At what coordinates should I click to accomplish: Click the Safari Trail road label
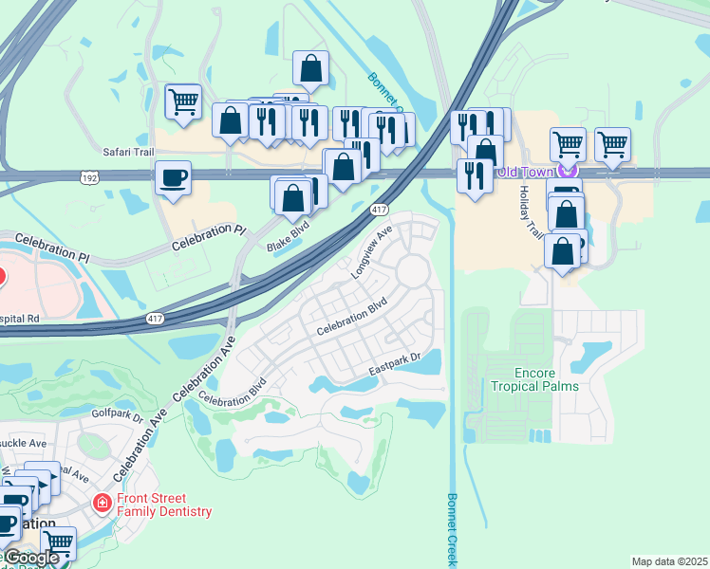tap(127, 151)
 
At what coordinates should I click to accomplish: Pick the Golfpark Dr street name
tap(118, 413)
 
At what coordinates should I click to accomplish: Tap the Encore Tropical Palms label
tap(534, 379)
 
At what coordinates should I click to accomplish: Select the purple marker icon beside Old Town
tap(568, 171)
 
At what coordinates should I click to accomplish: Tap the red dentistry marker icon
tap(102, 502)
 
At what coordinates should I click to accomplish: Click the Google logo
tap(31, 559)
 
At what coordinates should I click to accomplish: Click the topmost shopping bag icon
tap(310, 67)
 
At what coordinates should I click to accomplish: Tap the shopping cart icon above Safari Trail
tap(183, 101)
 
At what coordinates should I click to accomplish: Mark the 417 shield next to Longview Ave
tap(379, 209)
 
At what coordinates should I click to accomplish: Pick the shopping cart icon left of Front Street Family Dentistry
tap(58, 543)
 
